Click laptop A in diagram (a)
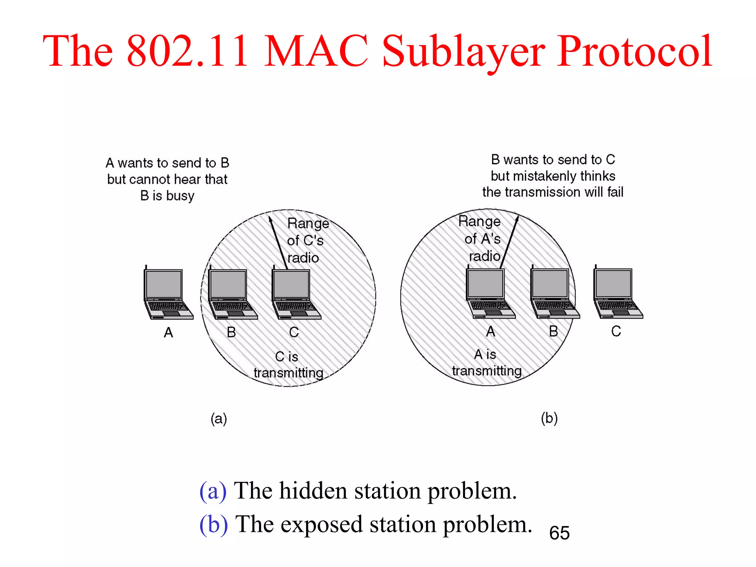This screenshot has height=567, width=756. tap(167, 293)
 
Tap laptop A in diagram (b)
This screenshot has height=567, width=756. tap(489, 293)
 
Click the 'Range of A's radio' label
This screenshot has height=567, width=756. tap(481, 238)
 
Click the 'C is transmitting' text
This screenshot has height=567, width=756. tap(288, 365)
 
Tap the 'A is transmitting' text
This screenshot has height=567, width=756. tap(487, 362)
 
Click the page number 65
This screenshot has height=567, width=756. tap(559, 533)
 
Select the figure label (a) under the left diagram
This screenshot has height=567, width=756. tap(219, 419)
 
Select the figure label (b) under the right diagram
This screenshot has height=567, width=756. tap(549, 418)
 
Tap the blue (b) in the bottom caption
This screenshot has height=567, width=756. tap(213, 524)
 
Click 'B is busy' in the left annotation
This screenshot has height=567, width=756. tap(167, 196)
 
